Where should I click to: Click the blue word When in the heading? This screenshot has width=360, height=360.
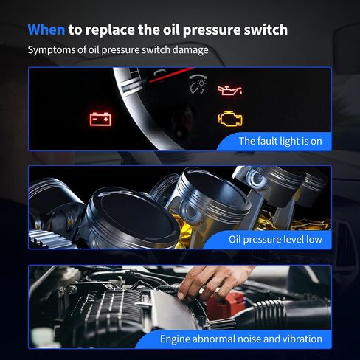point(46,30)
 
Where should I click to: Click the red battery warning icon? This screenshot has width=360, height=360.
point(100,119)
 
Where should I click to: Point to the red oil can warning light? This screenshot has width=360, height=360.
point(229,90)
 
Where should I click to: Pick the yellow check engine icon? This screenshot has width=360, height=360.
point(230,119)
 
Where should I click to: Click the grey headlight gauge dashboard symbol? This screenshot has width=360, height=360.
point(198,84)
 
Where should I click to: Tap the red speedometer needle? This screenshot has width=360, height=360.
point(170,75)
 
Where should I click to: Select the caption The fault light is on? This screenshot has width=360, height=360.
point(280,142)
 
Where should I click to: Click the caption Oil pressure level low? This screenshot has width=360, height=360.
point(275,239)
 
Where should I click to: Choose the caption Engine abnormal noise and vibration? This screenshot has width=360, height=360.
point(241,339)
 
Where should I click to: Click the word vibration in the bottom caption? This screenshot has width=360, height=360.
point(302,339)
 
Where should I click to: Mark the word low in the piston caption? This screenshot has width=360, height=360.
point(314,239)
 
